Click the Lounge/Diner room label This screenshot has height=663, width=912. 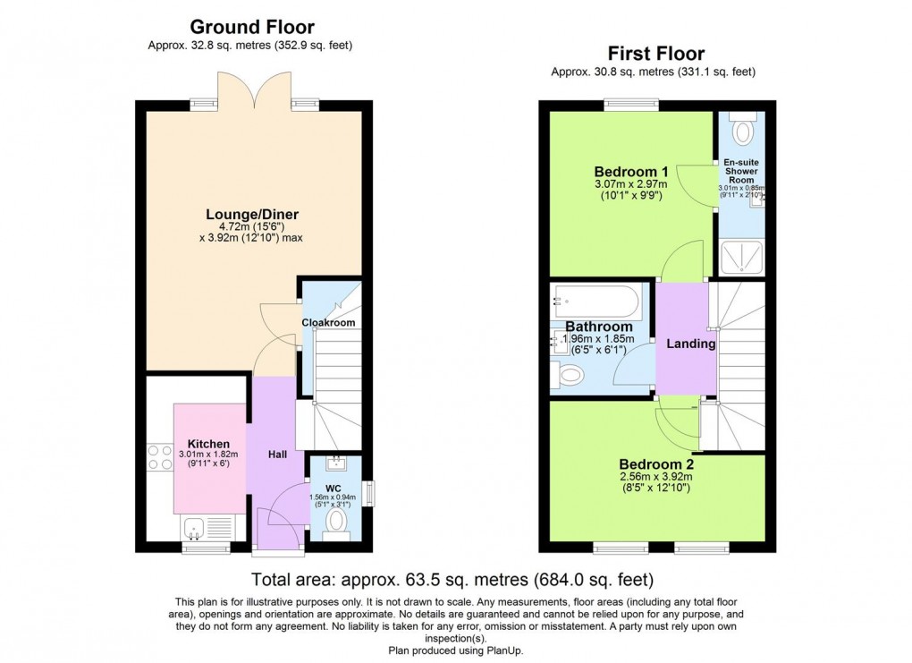point(252,214)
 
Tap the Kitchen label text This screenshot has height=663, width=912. point(208,444)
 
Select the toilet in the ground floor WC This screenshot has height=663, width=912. point(337,520)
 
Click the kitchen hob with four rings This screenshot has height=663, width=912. point(160,457)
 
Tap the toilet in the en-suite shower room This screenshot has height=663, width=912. point(741,131)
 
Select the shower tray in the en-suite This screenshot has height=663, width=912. point(741,258)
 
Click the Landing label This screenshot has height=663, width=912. point(691,344)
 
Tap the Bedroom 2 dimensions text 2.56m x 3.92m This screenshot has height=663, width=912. point(656,478)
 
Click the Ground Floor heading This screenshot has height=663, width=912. point(252,27)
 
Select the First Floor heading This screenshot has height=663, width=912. point(656,54)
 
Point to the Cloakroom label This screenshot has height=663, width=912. point(328,322)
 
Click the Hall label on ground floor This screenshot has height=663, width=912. point(277,455)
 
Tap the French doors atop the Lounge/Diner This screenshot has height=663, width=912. point(254,93)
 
